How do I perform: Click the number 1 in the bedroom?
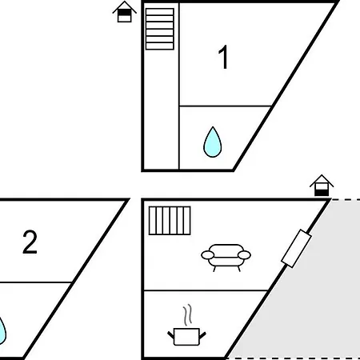pos(223,57)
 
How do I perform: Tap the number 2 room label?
pos(30,242)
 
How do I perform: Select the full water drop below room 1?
pos(213,142)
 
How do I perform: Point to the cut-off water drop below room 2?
pos(2,330)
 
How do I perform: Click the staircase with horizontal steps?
pos(160,29)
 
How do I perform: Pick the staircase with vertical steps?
pos(170,221)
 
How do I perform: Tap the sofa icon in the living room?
pos(226,258)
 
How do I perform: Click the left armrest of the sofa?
pos(208,255)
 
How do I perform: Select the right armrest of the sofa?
pos(244,255)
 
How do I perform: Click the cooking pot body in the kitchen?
pos(186,337)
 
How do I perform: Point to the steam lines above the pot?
pos(188,314)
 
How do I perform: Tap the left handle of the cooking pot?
pos(170,335)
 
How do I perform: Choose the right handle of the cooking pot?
pos(202,335)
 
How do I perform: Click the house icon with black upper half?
pos(125,12)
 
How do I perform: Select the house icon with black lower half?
pos(322,186)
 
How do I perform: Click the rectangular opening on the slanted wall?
pos(297,248)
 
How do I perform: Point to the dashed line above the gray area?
pos(346,199)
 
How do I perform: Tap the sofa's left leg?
pos(214,269)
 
